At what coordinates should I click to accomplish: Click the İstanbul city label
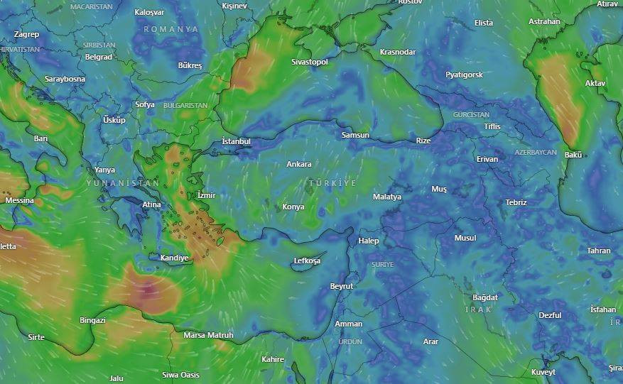pos(237,141)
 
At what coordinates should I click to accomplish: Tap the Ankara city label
pos(299,164)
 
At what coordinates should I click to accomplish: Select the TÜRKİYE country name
pos(332,183)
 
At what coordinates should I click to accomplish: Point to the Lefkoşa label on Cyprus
pos(307,261)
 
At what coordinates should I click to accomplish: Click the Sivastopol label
pos(310,62)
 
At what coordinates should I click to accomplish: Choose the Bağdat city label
pos(485,297)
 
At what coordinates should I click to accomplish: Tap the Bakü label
pos(573,155)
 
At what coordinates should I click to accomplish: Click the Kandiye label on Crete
pos(174,258)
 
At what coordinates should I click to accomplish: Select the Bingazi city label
pos(93,320)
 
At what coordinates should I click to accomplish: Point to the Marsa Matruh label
pos(208,335)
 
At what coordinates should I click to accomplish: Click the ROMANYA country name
pos(171,29)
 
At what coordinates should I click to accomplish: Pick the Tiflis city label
pos(492,126)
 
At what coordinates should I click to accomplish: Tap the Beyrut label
pos(342,286)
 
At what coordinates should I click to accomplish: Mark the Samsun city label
pos(355,135)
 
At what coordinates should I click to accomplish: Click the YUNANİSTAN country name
pos(123,183)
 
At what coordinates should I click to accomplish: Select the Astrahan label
pos(544,21)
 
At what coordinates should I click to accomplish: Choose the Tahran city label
pos(599,251)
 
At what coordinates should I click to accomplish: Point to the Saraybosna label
pos(65,79)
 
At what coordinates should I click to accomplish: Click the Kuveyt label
pos(543,372)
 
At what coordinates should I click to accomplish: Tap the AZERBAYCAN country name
pos(536,153)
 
